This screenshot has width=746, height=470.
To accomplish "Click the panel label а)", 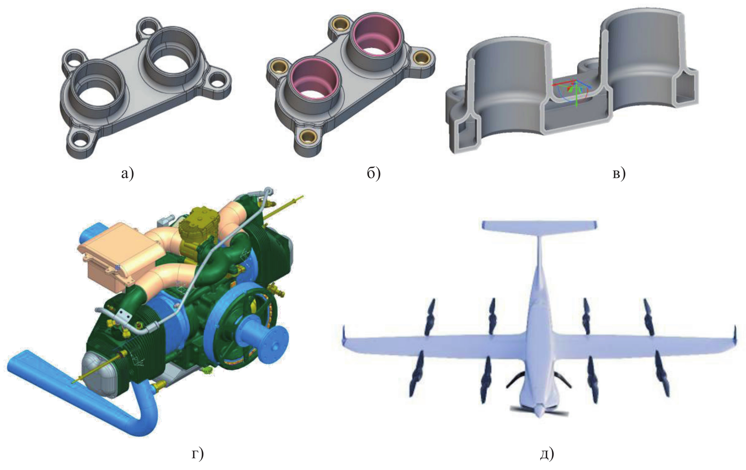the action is (x=127, y=174).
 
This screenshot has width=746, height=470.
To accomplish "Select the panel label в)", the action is (x=619, y=174).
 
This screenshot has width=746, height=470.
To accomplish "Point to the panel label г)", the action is (x=198, y=454).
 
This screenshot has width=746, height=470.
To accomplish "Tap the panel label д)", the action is (x=547, y=454).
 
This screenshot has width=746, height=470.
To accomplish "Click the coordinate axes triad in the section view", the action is (x=573, y=92).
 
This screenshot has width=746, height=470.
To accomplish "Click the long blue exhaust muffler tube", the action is (x=82, y=392).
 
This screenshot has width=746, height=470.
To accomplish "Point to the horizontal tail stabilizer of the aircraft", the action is (x=539, y=225).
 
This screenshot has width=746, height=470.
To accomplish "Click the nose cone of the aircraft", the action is (x=539, y=411).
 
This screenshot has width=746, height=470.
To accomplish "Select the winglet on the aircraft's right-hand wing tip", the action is (x=735, y=335).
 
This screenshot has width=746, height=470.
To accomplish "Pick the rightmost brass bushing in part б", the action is (x=420, y=58).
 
